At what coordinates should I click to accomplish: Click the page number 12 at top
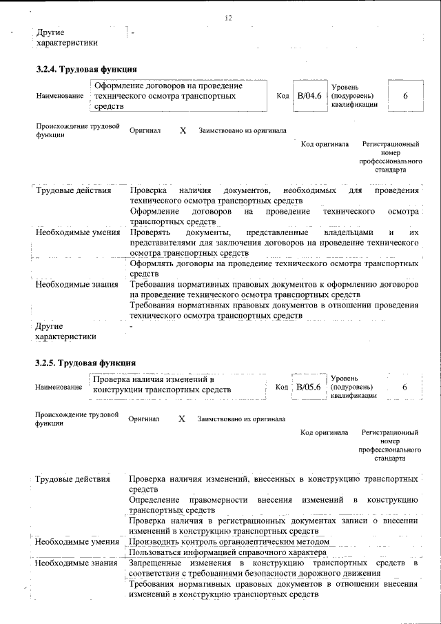pos(228,18)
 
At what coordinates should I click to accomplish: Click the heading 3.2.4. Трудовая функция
pos(87,69)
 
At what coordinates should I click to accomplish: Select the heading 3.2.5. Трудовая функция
pos(87,363)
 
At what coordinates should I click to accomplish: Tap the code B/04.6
pos(307,96)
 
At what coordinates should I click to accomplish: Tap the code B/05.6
pos(307,387)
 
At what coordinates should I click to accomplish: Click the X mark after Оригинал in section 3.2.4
pos(183,130)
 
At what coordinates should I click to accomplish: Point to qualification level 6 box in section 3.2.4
pos(406,96)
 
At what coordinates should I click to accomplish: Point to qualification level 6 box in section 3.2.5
pos(404,388)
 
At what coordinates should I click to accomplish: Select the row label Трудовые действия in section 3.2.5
pos(72,479)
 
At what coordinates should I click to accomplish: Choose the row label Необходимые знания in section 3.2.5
pos(76,564)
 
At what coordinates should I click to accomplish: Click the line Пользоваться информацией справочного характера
pos(227,552)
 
